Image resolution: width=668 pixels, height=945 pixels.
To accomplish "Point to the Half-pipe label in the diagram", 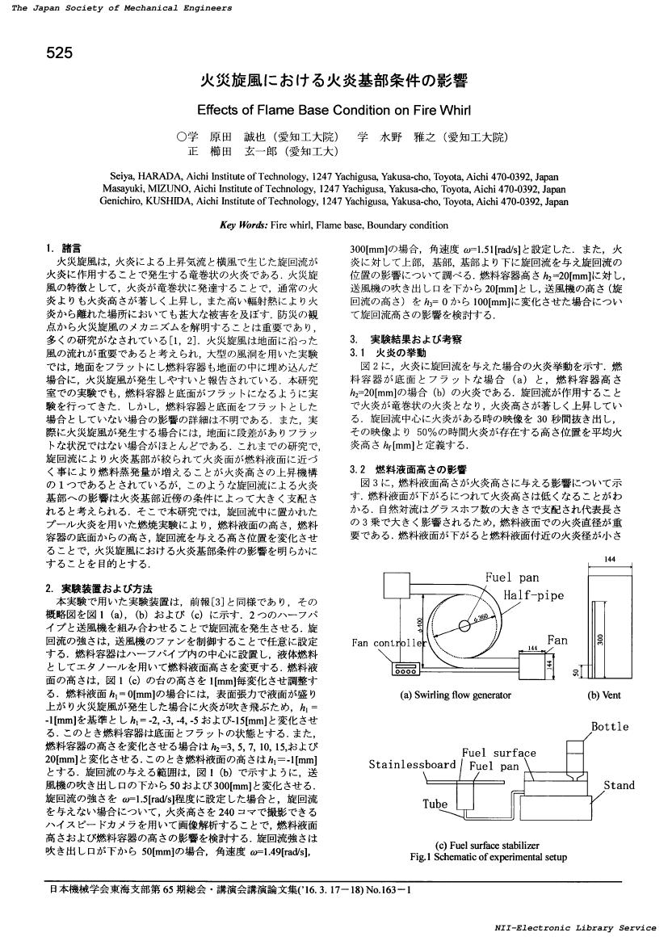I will tap(534, 595).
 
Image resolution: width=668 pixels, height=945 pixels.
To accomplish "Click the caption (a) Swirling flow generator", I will tap(452, 694).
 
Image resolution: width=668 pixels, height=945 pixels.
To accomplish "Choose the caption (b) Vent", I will tap(604, 694).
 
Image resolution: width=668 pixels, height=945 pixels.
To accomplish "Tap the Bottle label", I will tap(609, 726).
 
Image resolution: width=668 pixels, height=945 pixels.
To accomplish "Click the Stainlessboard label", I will tap(413, 763).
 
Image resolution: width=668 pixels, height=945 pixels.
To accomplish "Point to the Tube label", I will tap(435, 804).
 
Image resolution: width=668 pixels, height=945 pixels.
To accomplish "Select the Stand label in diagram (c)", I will tap(619, 785).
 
